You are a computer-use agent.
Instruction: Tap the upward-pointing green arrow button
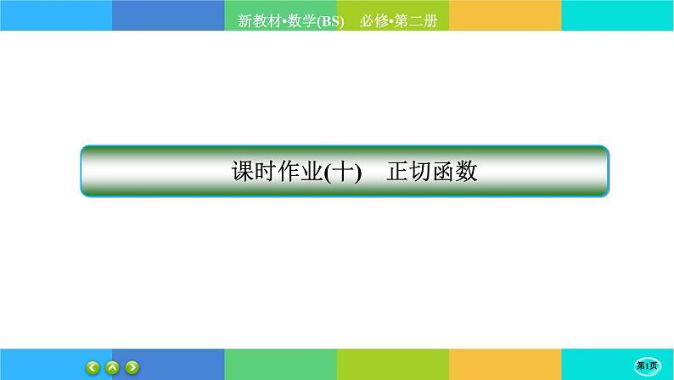point(112,367)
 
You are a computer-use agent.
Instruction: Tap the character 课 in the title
point(243,172)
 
